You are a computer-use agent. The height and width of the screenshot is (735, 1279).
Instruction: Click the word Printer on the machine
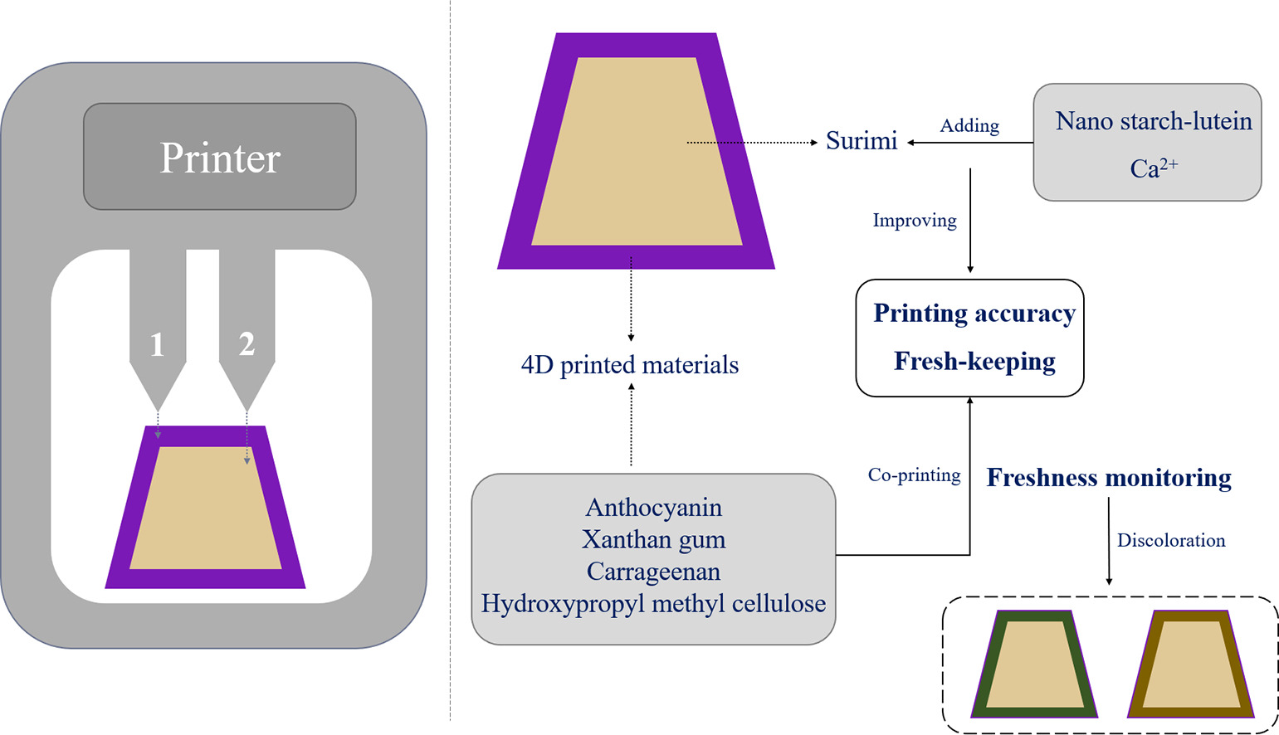click(220, 158)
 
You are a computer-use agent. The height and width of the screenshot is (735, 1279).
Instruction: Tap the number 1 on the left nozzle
click(157, 344)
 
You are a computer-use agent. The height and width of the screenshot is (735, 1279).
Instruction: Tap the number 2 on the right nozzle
click(247, 343)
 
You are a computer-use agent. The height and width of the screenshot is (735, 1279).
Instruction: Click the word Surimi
click(862, 141)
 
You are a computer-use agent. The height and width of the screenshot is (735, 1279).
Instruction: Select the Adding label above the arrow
click(969, 126)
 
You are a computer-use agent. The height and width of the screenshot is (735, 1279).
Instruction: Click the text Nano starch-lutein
click(1154, 121)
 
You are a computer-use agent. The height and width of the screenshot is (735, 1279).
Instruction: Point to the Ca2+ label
click(1153, 168)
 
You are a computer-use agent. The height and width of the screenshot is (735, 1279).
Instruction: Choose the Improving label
click(915, 221)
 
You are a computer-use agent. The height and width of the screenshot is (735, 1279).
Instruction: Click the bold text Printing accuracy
click(974, 314)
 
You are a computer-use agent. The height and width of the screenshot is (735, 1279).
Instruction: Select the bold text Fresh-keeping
click(974, 362)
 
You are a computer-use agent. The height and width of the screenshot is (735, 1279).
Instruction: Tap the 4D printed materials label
click(630, 365)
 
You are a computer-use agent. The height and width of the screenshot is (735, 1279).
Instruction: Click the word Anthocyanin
click(654, 508)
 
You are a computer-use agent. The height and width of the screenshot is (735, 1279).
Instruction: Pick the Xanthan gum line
click(654, 540)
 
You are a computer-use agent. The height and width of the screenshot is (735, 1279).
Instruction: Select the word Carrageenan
click(654, 572)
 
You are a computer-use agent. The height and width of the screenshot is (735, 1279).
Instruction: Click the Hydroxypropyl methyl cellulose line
click(654, 603)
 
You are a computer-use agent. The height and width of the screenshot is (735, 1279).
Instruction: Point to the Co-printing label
click(914, 475)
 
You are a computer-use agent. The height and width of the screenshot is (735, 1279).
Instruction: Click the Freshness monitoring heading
click(1109, 478)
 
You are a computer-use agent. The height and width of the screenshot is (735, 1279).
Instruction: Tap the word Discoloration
click(1171, 541)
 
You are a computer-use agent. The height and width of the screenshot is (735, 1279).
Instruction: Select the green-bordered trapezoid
click(1034, 665)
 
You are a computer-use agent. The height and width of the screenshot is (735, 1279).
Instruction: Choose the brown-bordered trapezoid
click(1191, 665)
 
